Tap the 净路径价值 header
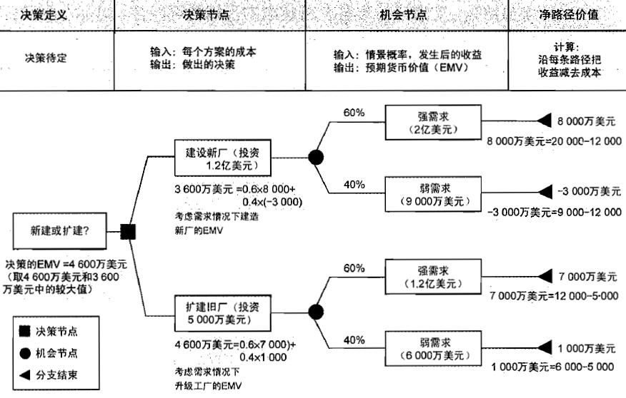click(569, 14)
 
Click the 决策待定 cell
click(47, 58)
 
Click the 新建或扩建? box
click(59, 231)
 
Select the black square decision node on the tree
click(128, 231)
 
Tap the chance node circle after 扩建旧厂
click(315, 311)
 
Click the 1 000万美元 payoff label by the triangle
click(587, 348)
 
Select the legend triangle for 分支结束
click(25, 374)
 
